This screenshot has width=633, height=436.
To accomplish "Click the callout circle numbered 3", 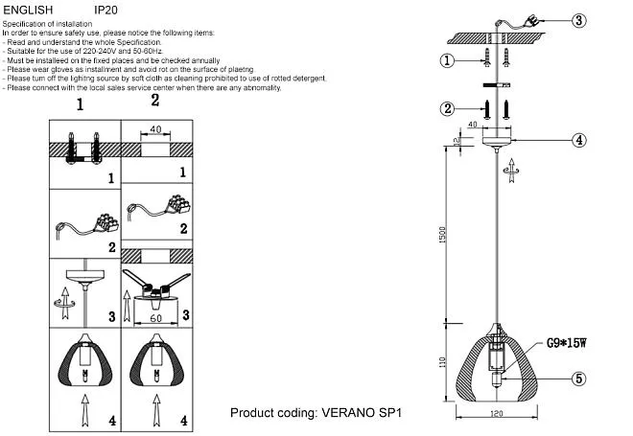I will tap(578, 20).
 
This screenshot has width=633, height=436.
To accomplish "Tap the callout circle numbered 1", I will tap(446, 61).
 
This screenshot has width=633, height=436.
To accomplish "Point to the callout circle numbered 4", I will tap(578, 140).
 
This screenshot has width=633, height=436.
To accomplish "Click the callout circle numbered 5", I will tap(578, 379).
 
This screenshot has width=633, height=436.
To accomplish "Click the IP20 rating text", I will tap(105, 10).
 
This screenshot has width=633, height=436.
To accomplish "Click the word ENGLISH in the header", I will tap(29, 10).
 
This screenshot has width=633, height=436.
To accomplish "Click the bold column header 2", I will tap(154, 101).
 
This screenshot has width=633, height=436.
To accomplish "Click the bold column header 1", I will tap(81, 103).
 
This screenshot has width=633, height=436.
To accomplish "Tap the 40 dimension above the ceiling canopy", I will tap(473, 124).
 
